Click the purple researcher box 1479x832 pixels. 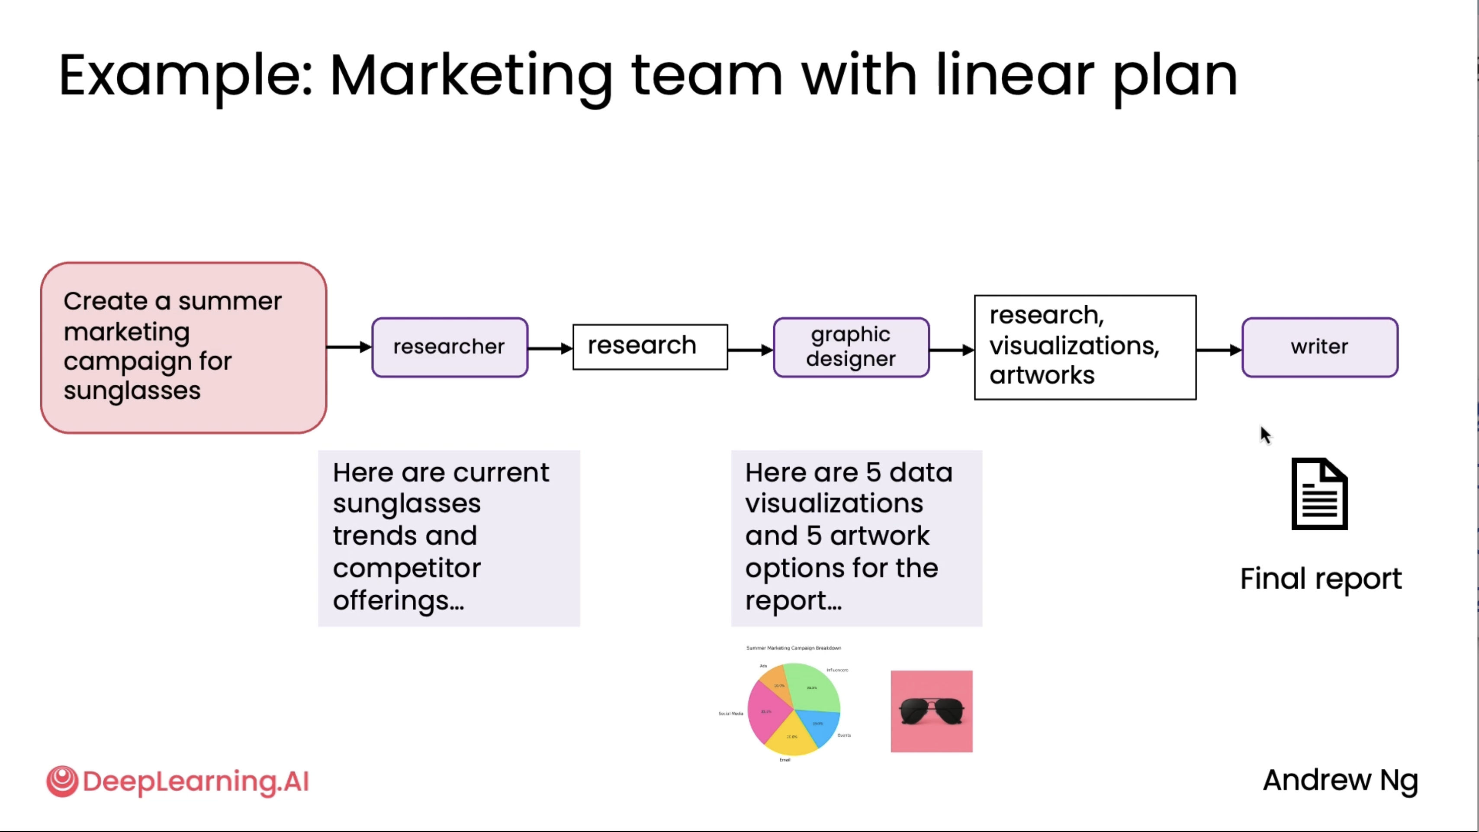click(450, 347)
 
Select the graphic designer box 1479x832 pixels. click(851, 347)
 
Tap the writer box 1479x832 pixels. click(1319, 347)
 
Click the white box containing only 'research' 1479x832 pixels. click(650, 347)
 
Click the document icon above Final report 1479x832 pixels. click(1319, 494)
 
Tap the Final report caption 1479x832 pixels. click(1321, 579)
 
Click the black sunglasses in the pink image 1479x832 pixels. click(931, 711)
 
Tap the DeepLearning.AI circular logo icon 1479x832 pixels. click(62, 781)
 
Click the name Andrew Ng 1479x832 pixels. click(1340, 780)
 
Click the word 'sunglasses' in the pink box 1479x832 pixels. click(132, 391)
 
